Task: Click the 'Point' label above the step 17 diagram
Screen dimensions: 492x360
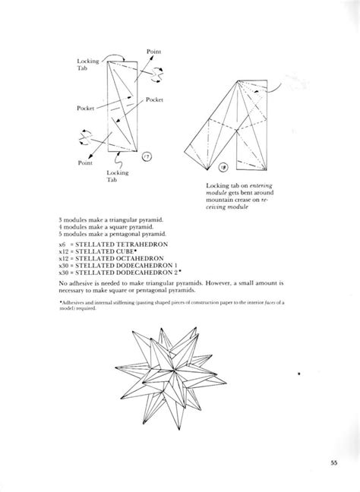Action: click(x=152, y=52)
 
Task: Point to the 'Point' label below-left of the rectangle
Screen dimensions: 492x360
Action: click(x=86, y=162)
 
